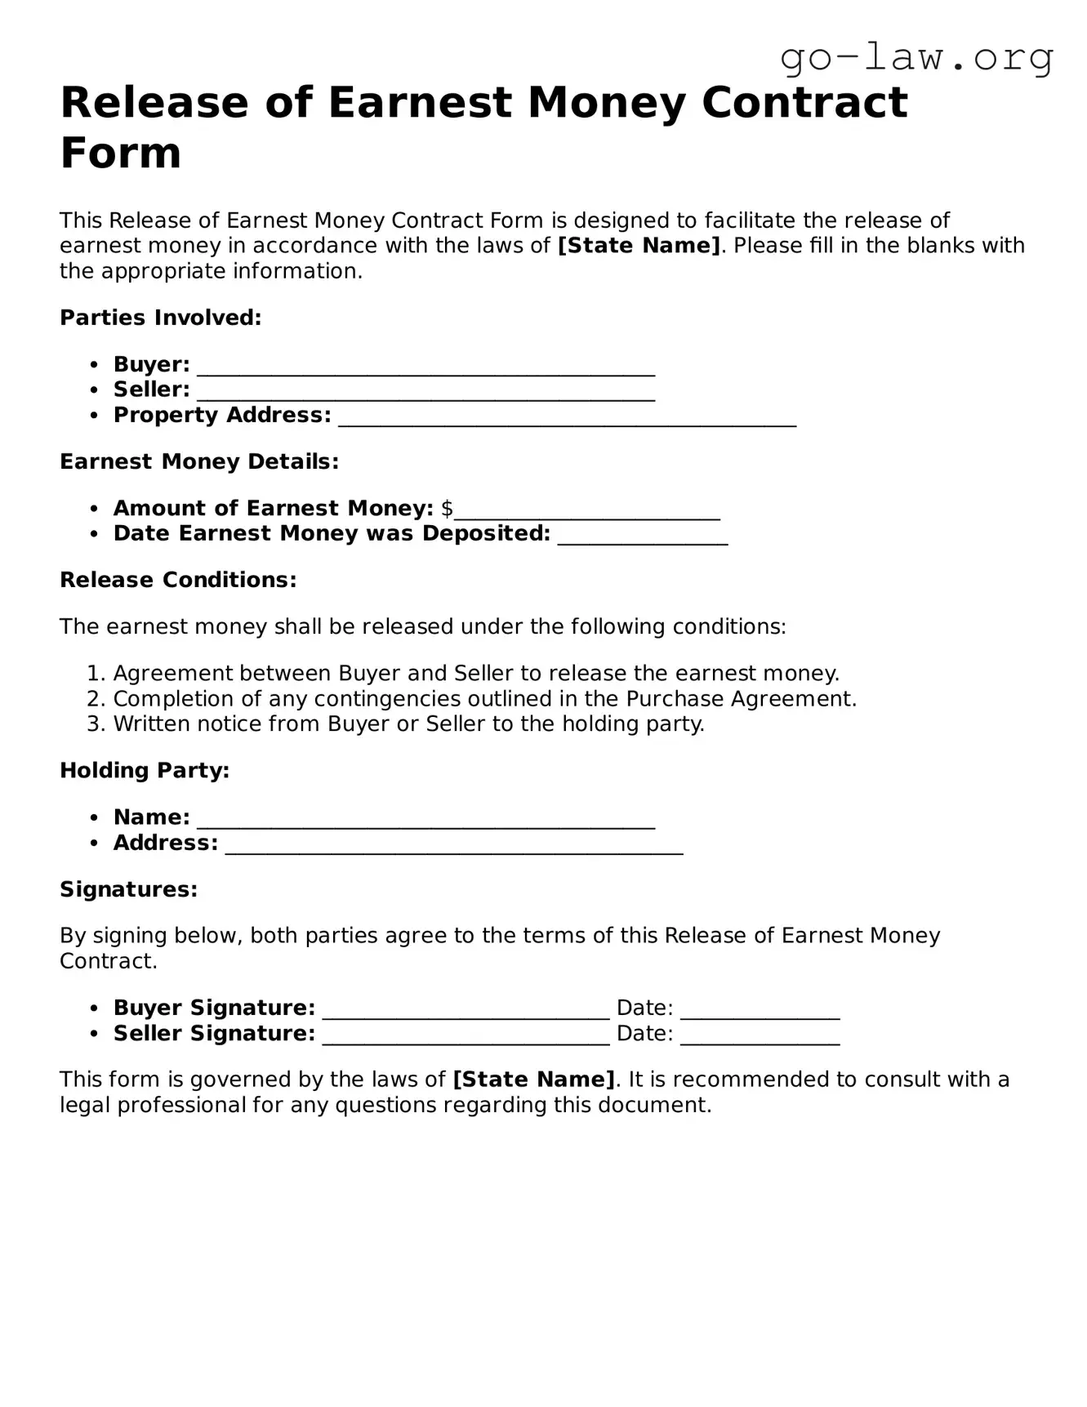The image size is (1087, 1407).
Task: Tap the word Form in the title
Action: click(121, 153)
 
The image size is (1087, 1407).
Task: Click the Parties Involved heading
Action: click(161, 318)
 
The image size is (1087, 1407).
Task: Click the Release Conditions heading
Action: click(178, 580)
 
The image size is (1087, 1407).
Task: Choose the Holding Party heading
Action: click(145, 770)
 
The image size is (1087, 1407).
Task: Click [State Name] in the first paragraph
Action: click(639, 246)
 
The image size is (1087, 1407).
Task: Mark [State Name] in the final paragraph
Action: click(533, 1080)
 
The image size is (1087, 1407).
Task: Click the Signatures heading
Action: click(129, 889)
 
